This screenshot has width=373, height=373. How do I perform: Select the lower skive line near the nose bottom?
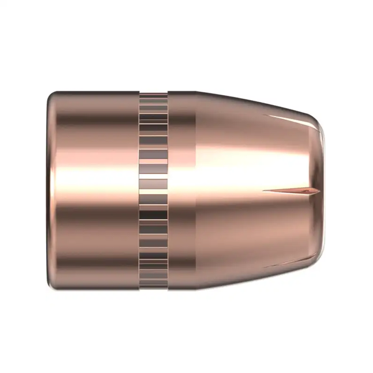click(286, 260)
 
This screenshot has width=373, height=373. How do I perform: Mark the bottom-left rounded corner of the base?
click(53, 283)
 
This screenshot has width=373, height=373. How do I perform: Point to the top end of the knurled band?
click(154, 94)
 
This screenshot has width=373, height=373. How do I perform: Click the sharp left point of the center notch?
click(264, 190)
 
